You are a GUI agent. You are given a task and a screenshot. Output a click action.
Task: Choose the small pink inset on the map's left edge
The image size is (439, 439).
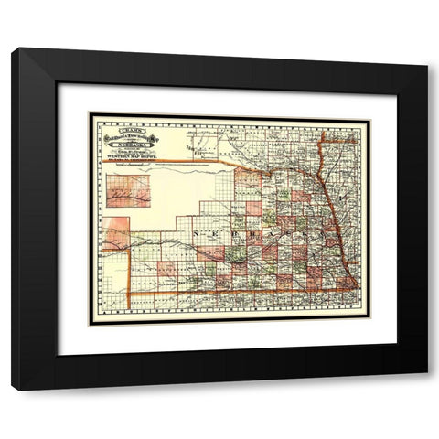pos(116,233)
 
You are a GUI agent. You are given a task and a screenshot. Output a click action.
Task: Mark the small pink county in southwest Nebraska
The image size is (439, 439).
pos(167,268)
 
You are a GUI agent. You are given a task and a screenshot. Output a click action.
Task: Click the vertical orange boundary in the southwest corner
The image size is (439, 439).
pos(129,274)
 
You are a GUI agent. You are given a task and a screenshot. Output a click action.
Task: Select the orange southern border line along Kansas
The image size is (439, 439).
pos(238,294)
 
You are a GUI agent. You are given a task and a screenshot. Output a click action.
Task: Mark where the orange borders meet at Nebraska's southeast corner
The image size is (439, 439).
pos(353,291)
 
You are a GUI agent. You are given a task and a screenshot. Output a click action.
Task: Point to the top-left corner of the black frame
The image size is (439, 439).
pos(13,49)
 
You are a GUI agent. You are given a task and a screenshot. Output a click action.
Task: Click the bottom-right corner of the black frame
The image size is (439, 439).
pos(426,390)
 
